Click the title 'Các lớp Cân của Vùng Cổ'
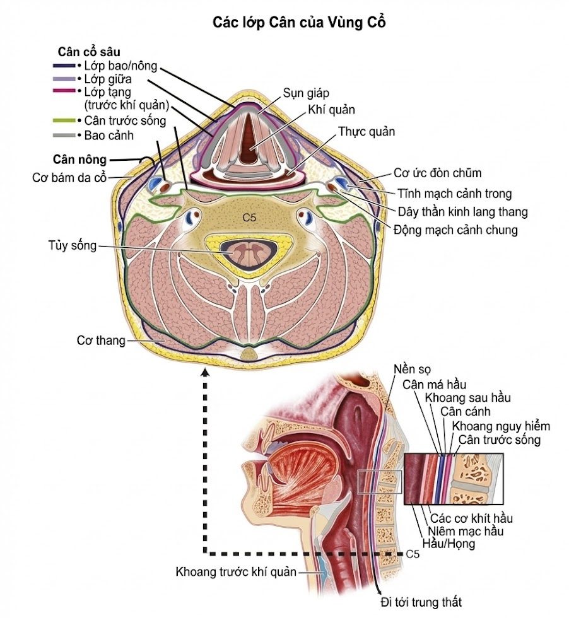pos(299,22)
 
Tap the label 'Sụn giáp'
pos(305,93)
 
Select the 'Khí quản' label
pos(331,110)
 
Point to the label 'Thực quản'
pos(367,132)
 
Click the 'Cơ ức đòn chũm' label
pos(437,173)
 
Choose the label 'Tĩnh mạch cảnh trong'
pos(454,194)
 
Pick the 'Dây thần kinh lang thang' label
pos(462,212)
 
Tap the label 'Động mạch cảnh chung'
pos(455,230)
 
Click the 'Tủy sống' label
pos(72,245)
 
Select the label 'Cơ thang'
pos(101,340)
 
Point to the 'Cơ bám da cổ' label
pos(69,178)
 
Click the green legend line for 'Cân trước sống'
pos(64,120)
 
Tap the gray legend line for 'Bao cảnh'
pos(64,135)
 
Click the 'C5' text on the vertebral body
pos(249,217)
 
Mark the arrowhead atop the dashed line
pos(204,372)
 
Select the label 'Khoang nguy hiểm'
pos(501,426)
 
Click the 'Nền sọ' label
pos(412,370)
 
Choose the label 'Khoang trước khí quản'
pos(236,571)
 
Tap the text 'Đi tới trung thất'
pos(421,602)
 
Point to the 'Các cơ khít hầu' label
pos(471,518)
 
